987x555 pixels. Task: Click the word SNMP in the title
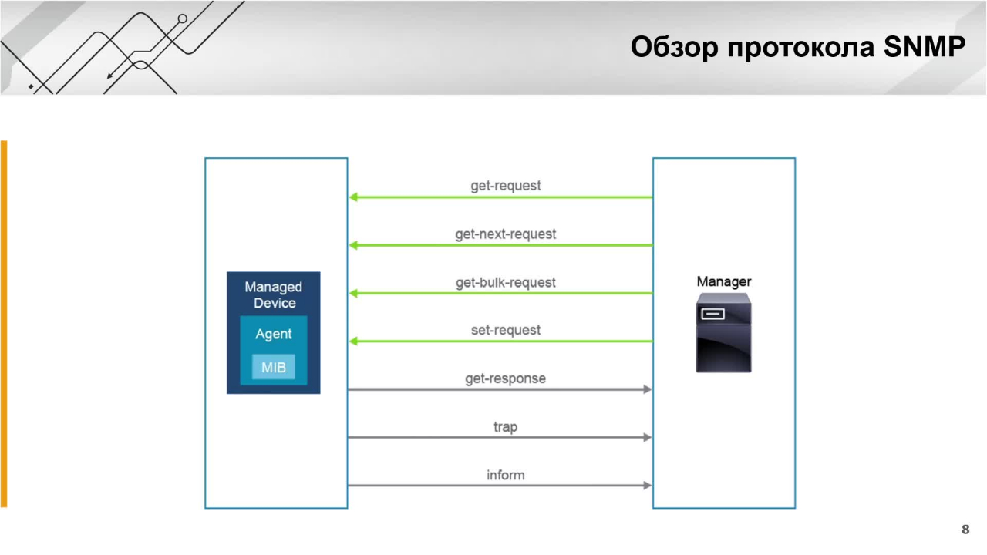pyautogui.click(x=925, y=47)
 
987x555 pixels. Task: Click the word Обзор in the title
pyautogui.click(x=674, y=47)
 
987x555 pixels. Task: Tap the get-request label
pyautogui.click(x=505, y=186)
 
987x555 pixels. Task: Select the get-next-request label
pyautogui.click(x=505, y=234)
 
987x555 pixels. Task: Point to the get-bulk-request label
pyautogui.click(x=505, y=282)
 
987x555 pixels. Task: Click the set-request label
pyautogui.click(x=505, y=331)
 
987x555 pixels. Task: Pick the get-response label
pyautogui.click(x=505, y=378)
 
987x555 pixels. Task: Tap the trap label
pyautogui.click(x=505, y=427)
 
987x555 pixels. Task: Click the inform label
pyautogui.click(x=505, y=476)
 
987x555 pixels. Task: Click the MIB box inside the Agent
pyautogui.click(x=274, y=367)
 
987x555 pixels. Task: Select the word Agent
pyautogui.click(x=274, y=335)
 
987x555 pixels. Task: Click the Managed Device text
pyautogui.click(x=274, y=294)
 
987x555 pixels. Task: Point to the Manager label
pyautogui.click(x=723, y=281)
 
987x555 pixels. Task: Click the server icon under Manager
pyautogui.click(x=723, y=332)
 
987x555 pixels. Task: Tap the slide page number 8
pyautogui.click(x=965, y=530)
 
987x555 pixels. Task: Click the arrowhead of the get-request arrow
pyautogui.click(x=353, y=197)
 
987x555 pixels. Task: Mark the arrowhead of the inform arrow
pyautogui.click(x=647, y=486)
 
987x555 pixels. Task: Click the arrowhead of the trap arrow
pyautogui.click(x=647, y=437)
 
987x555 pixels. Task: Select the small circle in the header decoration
pyautogui.click(x=183, y=19)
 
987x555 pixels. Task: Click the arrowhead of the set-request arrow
pyautogui.click(x=353, y=341)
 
